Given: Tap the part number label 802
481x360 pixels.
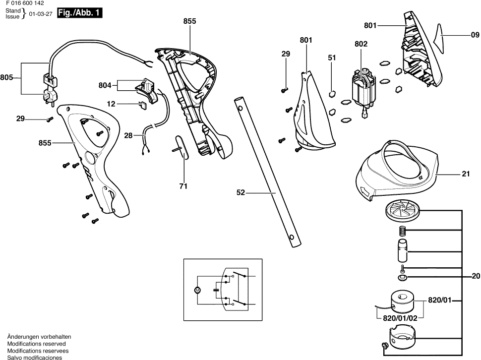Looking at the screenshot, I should [x=361, y=44].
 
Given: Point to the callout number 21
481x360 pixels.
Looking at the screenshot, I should [x=465, y=174].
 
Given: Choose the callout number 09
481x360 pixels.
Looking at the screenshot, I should [x=475, y=35].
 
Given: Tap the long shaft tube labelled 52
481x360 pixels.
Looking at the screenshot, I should [x=267, y=174].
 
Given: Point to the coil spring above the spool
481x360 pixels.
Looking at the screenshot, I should [x=403, y=231].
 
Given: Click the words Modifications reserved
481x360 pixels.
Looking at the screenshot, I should [x=36, y=344].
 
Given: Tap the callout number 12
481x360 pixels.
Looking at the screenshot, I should [x=111, y=104].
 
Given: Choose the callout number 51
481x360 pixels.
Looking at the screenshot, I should [x=332, y=58].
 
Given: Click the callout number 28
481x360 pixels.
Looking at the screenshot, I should [x=128, y=135].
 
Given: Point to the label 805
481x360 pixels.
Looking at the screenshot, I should [x=6, y=77].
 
